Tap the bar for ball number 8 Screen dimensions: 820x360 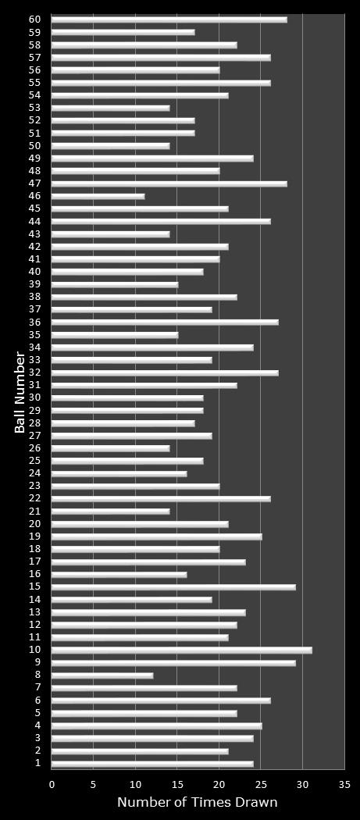point(102,675)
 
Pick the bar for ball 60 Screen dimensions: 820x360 point(169,20)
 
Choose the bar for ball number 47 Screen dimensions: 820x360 point(169,184)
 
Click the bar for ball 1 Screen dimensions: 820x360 point(152,763)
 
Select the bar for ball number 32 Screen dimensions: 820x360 point(165,373)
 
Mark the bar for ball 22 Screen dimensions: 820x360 point(161,498)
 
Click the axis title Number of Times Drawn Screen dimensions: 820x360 point(197,802)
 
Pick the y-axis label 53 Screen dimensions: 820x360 point(34,108)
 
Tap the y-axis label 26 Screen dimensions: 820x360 point(34,448)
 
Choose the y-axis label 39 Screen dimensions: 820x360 point(34,284)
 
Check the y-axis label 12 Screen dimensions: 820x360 point(34,625)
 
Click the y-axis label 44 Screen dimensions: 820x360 point(34,221)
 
